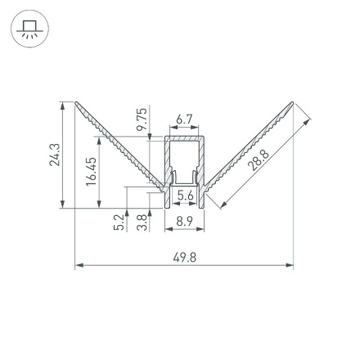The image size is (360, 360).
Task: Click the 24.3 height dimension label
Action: [54, 155]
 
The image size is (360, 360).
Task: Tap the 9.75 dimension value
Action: [141, 119]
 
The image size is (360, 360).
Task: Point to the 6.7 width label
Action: [184, 119]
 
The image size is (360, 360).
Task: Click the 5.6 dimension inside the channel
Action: [185, 195]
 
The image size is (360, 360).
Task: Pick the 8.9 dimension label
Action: [184, 221]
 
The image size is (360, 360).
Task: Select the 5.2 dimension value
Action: [119, 222]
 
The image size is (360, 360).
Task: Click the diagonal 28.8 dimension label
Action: [259, 160]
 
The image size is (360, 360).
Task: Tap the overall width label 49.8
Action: [185, 257]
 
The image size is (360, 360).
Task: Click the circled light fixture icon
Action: [29, 31]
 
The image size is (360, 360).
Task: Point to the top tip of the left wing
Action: [76, 103]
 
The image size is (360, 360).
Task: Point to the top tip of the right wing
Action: [292, 103]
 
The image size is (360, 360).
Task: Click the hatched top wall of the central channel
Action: [184, 139]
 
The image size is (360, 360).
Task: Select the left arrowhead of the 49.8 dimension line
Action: [79, 265]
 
